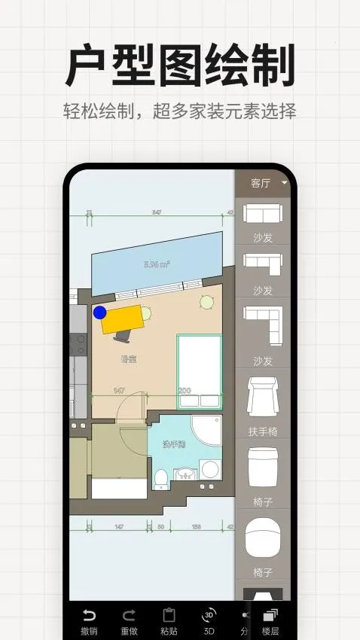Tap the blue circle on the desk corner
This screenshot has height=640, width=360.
tap(99, 312)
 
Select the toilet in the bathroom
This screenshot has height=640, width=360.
tap(160, 477)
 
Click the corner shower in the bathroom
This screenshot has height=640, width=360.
tap(207, 431)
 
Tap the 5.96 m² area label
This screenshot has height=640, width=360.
tap(157, 264)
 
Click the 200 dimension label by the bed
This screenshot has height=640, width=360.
tap(185, 391)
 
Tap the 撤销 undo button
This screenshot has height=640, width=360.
tap(89, 621)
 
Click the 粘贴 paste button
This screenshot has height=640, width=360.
tap(169, 621)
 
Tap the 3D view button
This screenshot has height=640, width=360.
tap(209, 621)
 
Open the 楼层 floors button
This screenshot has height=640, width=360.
tap(270, 621)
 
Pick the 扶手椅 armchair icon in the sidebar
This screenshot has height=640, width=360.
tap(263, 399)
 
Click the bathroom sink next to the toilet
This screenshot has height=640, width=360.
tap(184, 474)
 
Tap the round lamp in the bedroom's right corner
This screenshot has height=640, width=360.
tap(206, 302)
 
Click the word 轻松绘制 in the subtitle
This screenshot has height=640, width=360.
tap(95, 111)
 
